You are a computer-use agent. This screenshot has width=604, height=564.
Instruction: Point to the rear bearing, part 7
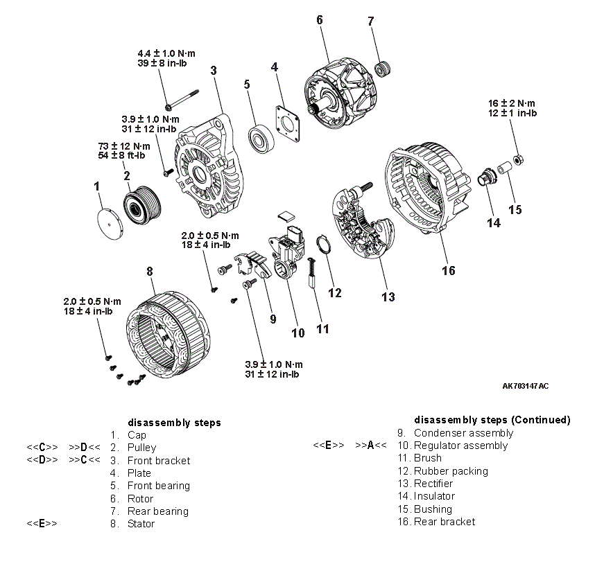point(380,69)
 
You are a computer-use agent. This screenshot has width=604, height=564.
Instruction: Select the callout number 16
point(448,270)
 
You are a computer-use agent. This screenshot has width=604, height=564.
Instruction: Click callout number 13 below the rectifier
point(388,297)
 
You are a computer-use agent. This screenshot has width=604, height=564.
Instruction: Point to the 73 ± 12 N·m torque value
point(123,146)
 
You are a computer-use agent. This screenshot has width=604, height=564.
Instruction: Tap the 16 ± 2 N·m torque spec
point(512,103)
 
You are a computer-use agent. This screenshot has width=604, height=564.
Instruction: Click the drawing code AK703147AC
point(526,385)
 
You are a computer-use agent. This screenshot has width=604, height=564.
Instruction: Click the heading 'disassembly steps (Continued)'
point(492,420)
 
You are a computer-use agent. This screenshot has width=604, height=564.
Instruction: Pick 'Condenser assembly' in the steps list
point(463,433)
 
